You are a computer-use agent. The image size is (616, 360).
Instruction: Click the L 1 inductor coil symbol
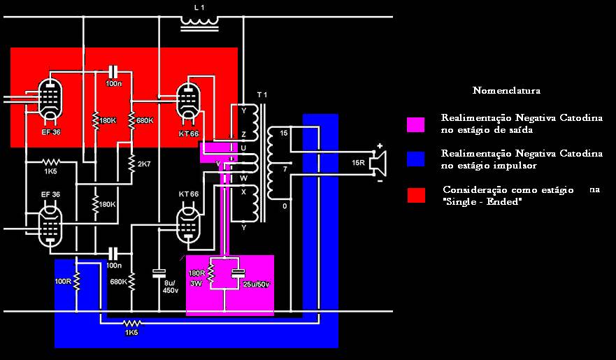pyautogui.click(x=200, y=23)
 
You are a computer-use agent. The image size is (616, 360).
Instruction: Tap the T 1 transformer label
pyautogui.click(x=262, y=95)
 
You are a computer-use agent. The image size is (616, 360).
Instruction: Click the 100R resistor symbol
pyautogui.click(x=77, y=280)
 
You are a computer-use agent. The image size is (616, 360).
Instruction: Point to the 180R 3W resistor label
pyautogui.click(x=196, y=278)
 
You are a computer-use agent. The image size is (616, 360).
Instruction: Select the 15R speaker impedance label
pyautogui.click(x=358, y=164)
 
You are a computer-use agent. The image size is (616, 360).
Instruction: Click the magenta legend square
pyautogui.click(x=415, y=124)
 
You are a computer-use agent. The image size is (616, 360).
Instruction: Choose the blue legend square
pyautogui.click(x=415, y=159)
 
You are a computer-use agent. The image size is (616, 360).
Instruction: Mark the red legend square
pyautogui.click(x=415, y=196)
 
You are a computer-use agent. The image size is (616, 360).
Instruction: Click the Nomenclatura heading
pyautogui.click(x=506, y=91)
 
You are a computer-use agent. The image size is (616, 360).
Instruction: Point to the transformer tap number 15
pyautogui.click(x=284, y=133)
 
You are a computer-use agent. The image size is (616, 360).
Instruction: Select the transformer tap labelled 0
pyautogui.click(x=284, y=206)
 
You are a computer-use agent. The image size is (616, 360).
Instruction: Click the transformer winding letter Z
pyautogui.click(x=243, y=134)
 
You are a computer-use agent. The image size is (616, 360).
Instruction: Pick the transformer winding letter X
pyautogui.click(x=243, y=192)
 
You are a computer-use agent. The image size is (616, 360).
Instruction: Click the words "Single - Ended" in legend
pyautogui.click(x=482, y=201)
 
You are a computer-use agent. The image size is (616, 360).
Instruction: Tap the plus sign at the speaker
pyautogui.click(x=380, y=147)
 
